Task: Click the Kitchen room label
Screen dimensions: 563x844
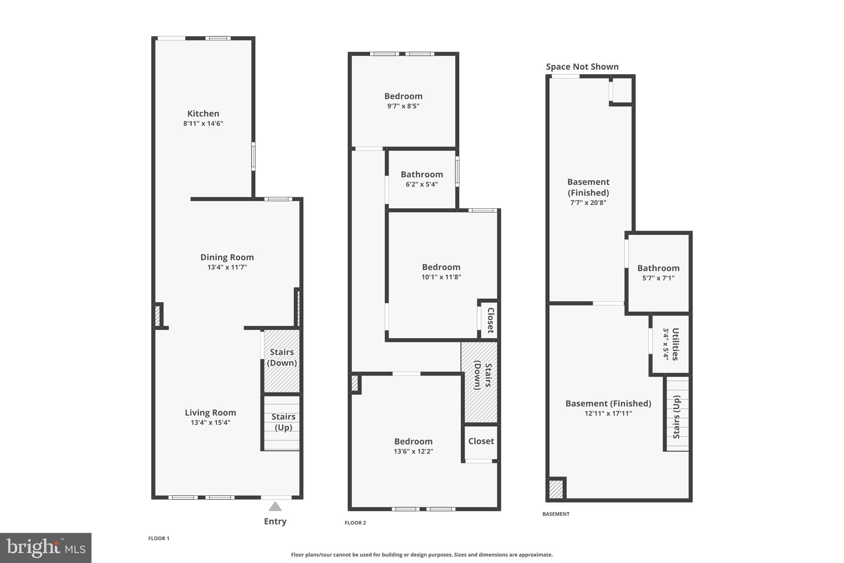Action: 203,113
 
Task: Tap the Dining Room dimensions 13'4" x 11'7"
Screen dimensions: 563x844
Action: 227,267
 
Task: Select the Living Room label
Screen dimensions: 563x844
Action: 210,412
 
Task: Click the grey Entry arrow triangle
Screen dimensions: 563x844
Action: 275,507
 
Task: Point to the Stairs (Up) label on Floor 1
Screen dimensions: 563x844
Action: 283,422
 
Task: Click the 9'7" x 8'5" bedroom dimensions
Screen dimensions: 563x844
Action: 403,106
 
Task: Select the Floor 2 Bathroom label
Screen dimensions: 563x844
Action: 422,174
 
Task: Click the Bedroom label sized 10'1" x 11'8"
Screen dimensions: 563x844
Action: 441,267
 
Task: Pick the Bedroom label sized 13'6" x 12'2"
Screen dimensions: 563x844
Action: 413,441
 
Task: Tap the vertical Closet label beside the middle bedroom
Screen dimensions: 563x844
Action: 490,320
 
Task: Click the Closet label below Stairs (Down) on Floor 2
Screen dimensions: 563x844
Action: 481,441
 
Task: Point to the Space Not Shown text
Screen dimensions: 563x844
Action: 582,67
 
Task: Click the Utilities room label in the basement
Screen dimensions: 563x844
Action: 675,344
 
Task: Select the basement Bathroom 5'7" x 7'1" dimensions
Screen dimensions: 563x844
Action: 658,278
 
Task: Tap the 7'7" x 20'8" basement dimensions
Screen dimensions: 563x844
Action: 588,203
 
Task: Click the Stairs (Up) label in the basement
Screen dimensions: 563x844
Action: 676,417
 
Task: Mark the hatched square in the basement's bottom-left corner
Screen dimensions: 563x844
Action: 556,489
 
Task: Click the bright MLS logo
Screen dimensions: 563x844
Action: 46,548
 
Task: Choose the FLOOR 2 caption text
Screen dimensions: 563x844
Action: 355,523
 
